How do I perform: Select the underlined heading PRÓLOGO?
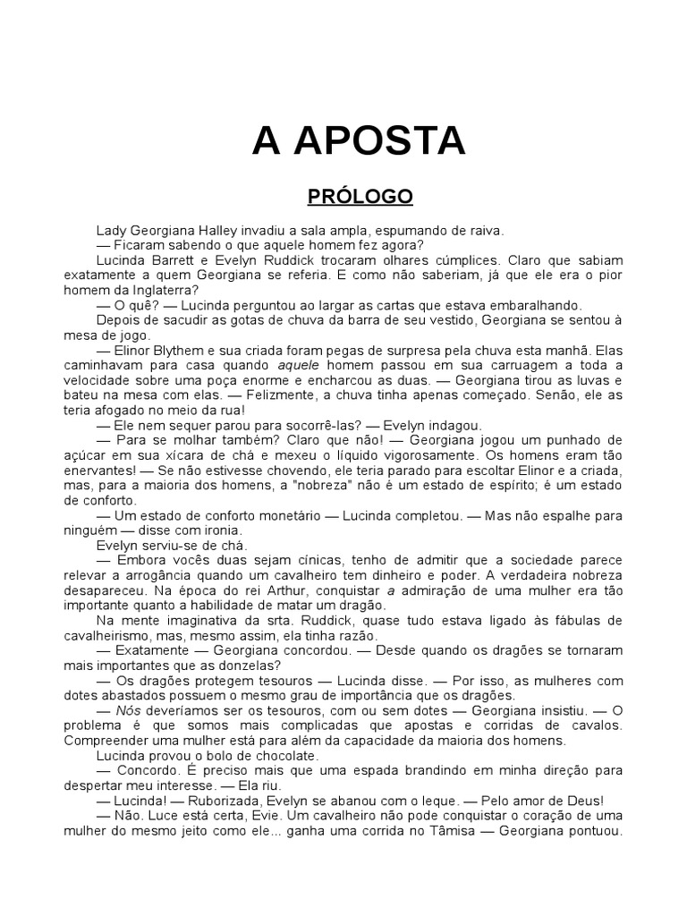(360, 196)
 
